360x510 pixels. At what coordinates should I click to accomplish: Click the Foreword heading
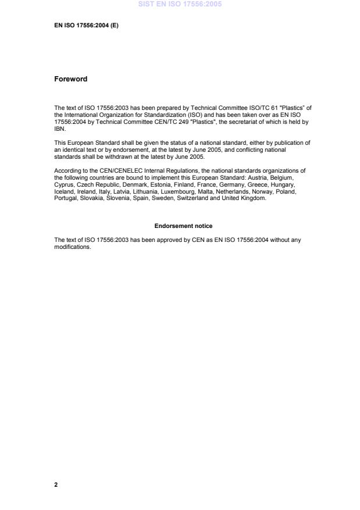point(70,79)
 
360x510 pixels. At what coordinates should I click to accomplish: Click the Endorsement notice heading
point(183,226)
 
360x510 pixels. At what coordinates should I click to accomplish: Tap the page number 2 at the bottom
point(56,484)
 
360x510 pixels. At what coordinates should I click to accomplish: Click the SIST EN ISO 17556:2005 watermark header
point(180,5)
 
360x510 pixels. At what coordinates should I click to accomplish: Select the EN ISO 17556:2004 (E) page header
point(86,26)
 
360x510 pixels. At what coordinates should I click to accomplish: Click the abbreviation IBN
point(59,130)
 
